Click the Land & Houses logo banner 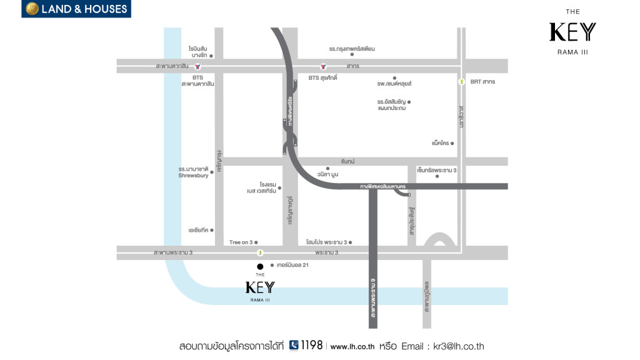(x=76, y=9)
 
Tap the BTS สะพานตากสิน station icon (x=197, y=66)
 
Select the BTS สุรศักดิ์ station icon (x=323, y=66)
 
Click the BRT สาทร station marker (x=461, y=82)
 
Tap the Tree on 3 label (x=241, y=242)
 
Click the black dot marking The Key (x=260, y=266)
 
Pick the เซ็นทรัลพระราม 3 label (x=437, y=170)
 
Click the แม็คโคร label (x=440, y=143)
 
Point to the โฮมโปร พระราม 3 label (x=326, y=242)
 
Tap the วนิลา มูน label (x=327, y=174)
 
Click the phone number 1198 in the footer (x=311, y=345)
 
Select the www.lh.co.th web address (x=352, y=346)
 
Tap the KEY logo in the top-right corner (x=572, y=32)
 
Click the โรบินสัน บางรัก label (x=198, y=51)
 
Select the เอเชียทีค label (x=197, y=230)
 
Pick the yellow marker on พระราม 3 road (x=260, y=252)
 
